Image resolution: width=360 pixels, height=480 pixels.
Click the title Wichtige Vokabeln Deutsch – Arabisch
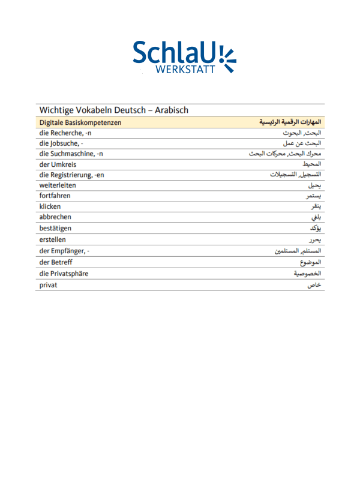tap(114, 110)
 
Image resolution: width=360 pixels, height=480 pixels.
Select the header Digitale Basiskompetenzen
tap(80, 122)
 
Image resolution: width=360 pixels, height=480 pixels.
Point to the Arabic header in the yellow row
tap(290, 122)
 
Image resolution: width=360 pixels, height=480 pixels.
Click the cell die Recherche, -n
tap(65, 133)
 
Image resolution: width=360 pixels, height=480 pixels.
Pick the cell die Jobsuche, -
tap(61, 143)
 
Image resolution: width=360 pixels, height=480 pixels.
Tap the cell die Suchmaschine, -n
tap(71, 154)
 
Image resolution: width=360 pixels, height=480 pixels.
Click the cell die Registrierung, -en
tap(72, 175)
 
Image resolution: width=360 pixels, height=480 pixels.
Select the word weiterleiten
tap(58, 185)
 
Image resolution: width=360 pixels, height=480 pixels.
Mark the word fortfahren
tap(55, 196)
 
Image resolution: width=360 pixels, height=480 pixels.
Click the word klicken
tap(50, 207)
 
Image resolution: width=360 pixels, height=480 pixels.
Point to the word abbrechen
tap(56, 217)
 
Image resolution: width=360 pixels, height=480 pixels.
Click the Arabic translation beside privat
tap(315, 285)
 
